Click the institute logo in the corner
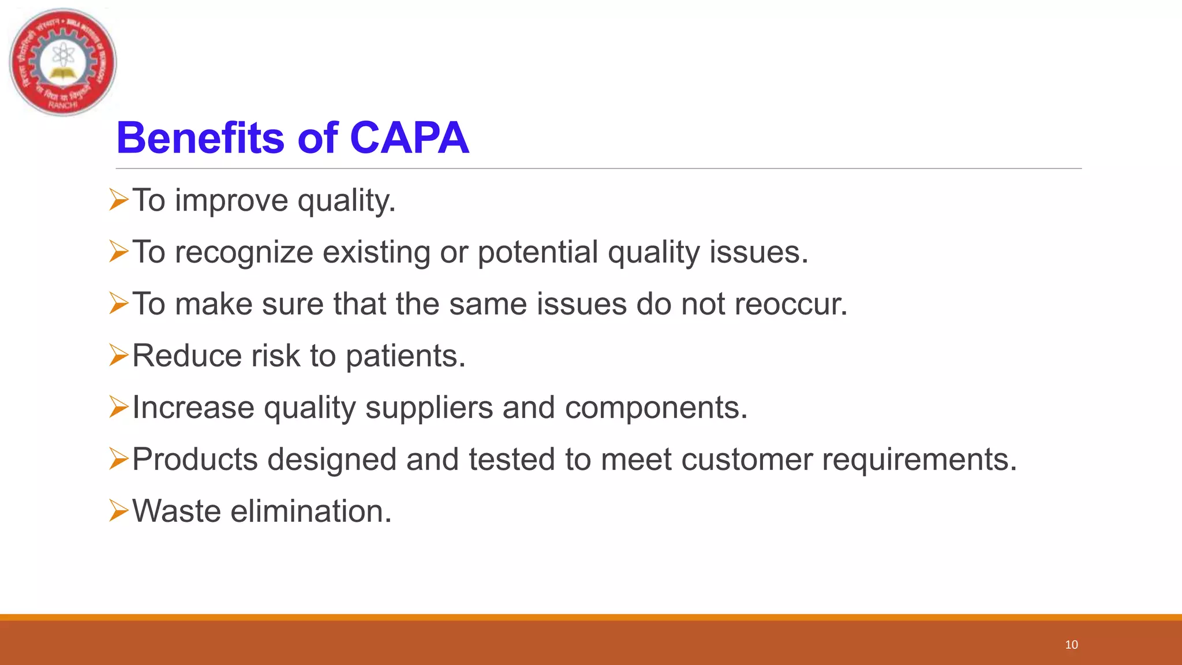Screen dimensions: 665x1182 tap(63, 62)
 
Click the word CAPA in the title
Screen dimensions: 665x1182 tap(409, 139)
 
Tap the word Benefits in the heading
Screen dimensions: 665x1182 tap(200, 139)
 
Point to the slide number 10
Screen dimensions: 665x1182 tap(1071, 645)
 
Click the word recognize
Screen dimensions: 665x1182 tap(244, 253)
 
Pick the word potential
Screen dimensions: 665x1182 tap(538, 253)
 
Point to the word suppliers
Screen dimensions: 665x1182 tap(429, 408)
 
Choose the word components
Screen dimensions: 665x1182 tap(656, 408)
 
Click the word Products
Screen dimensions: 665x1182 tap(195, 459)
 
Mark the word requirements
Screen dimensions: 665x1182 tap(919, 460)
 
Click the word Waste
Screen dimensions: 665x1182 tap(177, 511)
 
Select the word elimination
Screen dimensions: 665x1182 tap(311, 511)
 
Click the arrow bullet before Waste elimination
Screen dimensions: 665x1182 tap(118, 510)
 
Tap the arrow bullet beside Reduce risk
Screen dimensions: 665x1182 tap(118, 355)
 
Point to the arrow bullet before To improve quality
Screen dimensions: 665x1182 tap(118, 200)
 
